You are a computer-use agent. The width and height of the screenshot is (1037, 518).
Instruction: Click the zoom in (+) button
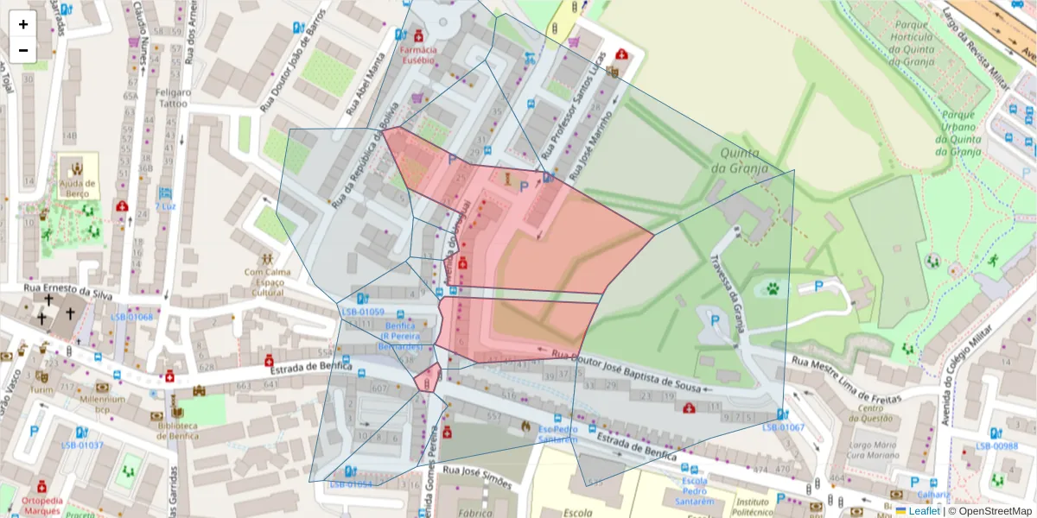point(23,24)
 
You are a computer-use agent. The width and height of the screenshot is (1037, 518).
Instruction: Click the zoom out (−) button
point(23,50)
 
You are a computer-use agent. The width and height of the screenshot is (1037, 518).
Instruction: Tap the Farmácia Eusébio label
point(418,55)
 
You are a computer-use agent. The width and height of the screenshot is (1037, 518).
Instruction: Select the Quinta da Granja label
point(735,162)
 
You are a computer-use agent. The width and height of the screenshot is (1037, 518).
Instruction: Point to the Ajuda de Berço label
point(76,189)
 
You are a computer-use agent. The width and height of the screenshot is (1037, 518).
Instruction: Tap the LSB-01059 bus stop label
point(362,312)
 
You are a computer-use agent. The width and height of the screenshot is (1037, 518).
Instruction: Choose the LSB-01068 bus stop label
point(131,317)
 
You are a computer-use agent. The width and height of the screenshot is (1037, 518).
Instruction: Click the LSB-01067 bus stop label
point(783,427)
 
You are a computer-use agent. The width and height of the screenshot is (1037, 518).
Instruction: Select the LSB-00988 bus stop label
point(996,446)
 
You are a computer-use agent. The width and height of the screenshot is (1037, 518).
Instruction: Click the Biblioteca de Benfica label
point(179,431)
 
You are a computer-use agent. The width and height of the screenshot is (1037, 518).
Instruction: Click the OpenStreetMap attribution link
point(989,511)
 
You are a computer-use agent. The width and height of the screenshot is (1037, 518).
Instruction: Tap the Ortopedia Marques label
point(41,505)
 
